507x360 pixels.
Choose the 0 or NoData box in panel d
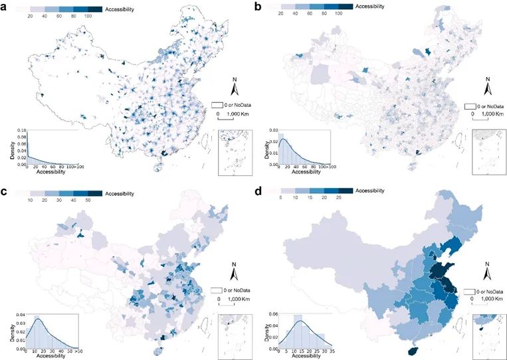pyautogui.click(x=469, y=291)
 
